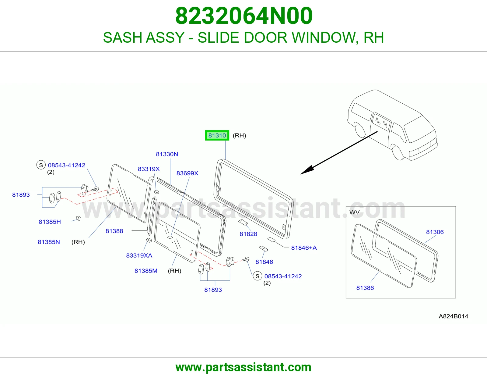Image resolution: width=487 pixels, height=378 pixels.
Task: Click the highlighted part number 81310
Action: point(217,135)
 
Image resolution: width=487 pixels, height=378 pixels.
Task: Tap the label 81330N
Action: point(167,154)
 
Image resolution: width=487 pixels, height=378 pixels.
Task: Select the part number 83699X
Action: point(187,173)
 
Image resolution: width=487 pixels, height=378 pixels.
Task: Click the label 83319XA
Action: point(139,255)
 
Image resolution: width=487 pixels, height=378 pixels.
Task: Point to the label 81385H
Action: point(50,222)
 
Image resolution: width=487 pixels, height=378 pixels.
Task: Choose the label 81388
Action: point(114,231)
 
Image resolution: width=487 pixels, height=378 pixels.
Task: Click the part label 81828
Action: point(248,234)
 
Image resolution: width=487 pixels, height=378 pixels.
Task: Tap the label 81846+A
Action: point(304,248)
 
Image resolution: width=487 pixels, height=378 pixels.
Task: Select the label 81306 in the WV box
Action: point(435,232)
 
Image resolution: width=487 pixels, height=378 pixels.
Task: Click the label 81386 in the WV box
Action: point(365,288)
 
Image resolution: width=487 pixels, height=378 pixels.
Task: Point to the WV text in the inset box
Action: point(355,212)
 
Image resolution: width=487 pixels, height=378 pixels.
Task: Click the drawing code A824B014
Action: point(454,316)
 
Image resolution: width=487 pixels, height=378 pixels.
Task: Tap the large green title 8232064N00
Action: point(244,16)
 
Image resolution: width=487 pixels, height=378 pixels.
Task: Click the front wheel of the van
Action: point(398,153)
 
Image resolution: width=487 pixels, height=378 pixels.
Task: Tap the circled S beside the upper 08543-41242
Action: point(41,165)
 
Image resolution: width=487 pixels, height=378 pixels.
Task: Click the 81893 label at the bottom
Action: point(213,290)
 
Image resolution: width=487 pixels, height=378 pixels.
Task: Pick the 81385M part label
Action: point(146,271)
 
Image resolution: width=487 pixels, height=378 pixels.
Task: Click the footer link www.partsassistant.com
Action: point(243,367)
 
